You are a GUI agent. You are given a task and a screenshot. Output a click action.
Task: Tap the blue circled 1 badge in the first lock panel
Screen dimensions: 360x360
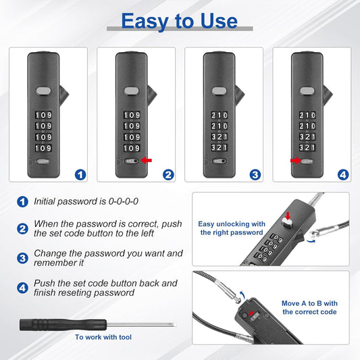click(x=80, y=175)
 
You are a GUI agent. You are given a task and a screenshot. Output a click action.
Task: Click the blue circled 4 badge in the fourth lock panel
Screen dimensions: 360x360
click(x=343, y=175)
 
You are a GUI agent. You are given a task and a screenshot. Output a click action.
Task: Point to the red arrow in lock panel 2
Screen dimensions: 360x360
click(x=147, y=160)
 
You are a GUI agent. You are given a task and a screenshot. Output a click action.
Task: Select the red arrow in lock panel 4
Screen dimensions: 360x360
click(x=296, y=161)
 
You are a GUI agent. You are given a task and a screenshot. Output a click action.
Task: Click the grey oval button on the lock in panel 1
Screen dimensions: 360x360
click(x=43, y=91)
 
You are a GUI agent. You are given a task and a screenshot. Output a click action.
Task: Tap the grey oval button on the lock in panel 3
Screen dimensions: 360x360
click(x=220, y=91)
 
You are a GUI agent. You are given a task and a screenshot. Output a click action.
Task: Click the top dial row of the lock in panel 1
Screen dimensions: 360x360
click(x=43, y=115)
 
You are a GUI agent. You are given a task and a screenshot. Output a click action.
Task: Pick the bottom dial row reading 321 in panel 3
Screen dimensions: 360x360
click(x=220, y=148)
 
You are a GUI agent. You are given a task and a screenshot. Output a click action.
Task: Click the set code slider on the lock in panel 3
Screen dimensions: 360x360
click(x=220, y=161)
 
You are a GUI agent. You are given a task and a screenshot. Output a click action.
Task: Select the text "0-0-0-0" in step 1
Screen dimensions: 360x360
click(x=124, y=201)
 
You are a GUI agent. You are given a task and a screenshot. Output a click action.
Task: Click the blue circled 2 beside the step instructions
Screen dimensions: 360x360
click(x=22, y=229)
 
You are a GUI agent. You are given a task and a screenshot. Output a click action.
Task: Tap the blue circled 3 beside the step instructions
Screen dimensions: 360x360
click(x=22, y=258)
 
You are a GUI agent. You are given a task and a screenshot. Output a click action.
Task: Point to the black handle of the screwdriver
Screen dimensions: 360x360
click(x=63, y=325)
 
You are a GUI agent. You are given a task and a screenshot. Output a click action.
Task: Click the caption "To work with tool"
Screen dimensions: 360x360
click(x=103, y=337)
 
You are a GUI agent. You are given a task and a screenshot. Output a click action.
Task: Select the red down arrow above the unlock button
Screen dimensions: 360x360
click(x=288, y=215)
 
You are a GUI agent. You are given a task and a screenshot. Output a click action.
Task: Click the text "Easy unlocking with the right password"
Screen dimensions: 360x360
click(x=232, y=228)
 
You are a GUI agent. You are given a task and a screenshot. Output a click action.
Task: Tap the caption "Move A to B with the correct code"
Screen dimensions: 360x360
click(x=309, y=307)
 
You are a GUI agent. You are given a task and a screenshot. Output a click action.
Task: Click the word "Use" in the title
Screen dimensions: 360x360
click(x=219, y=21)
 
